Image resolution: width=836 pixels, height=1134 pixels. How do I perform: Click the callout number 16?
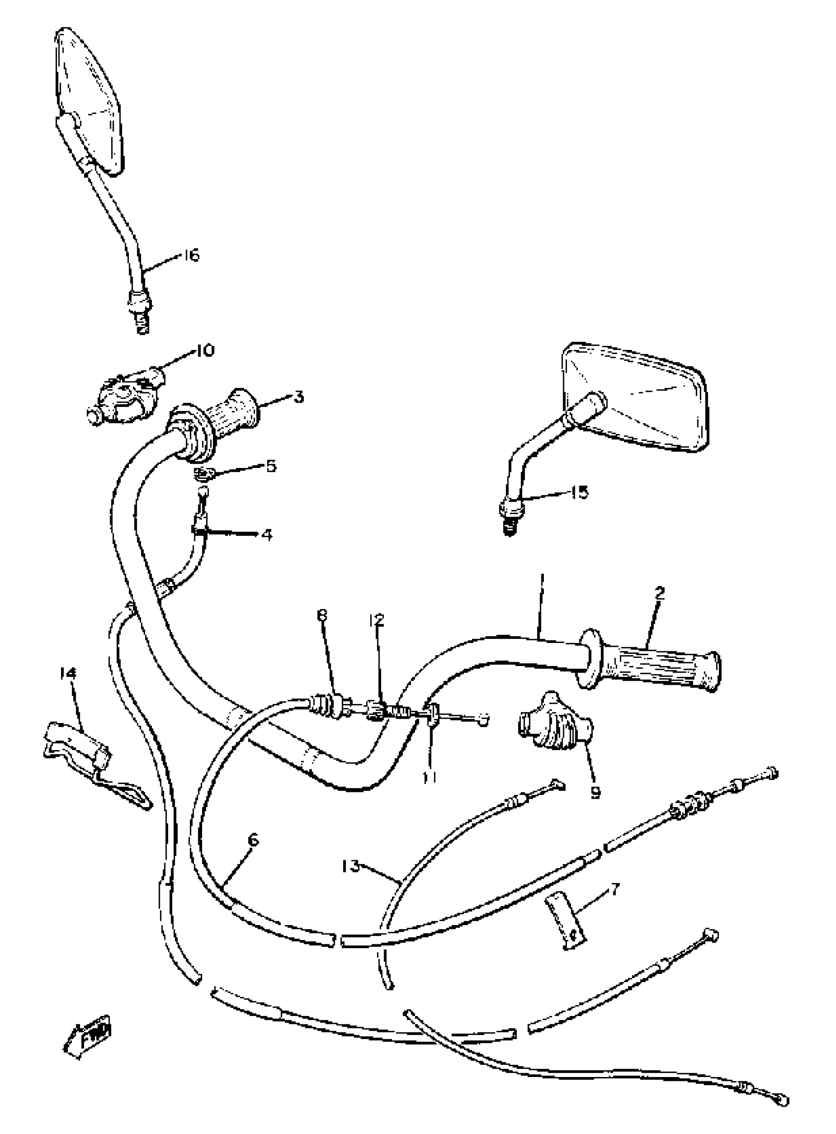pyautogui.click(x=191, y=255)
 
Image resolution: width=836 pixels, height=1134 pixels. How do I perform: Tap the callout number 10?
pyautogui.click(x=204, y=350)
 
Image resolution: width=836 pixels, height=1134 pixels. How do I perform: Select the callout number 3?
pyautogui.click(x=299, y=398)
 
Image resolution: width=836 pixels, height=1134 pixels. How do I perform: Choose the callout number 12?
pyautogui.click(x=377, y=620)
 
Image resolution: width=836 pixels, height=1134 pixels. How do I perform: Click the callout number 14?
pyautogui.click(x=67, y=673)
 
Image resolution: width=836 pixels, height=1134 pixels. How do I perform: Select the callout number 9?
pyautogui.click(x=595, y=792)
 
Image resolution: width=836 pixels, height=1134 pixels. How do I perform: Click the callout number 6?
pyautogui.click(x=254, y=841)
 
